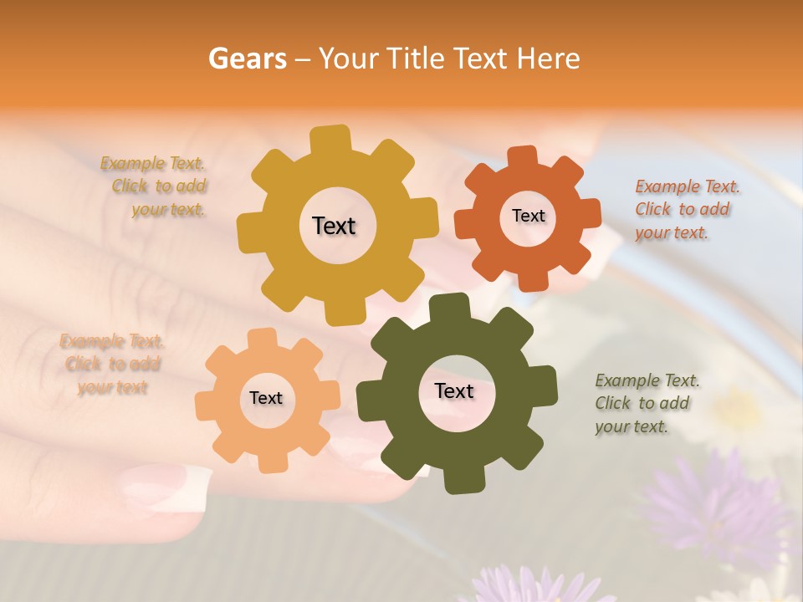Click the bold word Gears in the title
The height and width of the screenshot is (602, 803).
pyautogui.click(x=247, y=59)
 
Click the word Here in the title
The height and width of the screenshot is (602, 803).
pyautogui.click(x=548, y=59)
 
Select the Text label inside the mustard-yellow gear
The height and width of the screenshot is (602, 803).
pyautogui.click(x=334, y=226)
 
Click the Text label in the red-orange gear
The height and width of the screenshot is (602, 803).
pyautogui.click(x=528, y=216)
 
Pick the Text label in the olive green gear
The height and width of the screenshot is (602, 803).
pyautogui.click(x=453, y=390)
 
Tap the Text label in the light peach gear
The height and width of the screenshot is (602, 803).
pyautogui.click(x=266, y=398)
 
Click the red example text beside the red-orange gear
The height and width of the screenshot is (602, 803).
pyautogui.click(x=683, y=209)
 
